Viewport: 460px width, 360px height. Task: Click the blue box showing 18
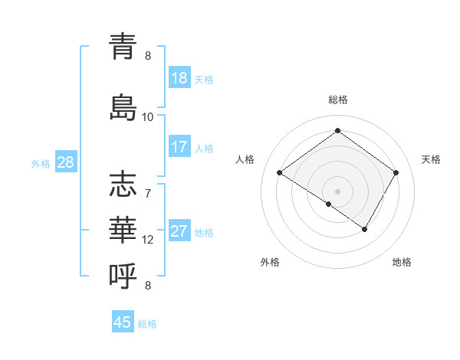click(x=179, y=78)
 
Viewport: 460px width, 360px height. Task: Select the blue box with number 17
click(x=179, y=147)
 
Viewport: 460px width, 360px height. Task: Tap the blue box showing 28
click(x=65, y=162)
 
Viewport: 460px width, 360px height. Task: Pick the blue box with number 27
click(x=179, y=232)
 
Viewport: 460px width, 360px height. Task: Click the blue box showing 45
click(x=123, y=322)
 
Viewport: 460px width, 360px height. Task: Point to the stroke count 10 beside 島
click(x=148, y=117)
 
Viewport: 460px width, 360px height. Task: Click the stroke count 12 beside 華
click(x=148, y=240)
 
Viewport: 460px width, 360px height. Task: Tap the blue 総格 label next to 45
click(x=148, y=324)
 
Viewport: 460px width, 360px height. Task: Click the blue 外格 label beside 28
click(x=41, y=163)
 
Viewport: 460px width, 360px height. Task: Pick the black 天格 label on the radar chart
click(x=431, y=159)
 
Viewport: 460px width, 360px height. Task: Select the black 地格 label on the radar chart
click(x=402, y=262)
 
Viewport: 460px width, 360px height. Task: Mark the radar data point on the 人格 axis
click(x=280, y=173)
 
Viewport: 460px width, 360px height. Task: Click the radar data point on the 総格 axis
click(x=337, y=130)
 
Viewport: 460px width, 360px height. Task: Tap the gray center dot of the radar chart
click(x=337, y=190)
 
